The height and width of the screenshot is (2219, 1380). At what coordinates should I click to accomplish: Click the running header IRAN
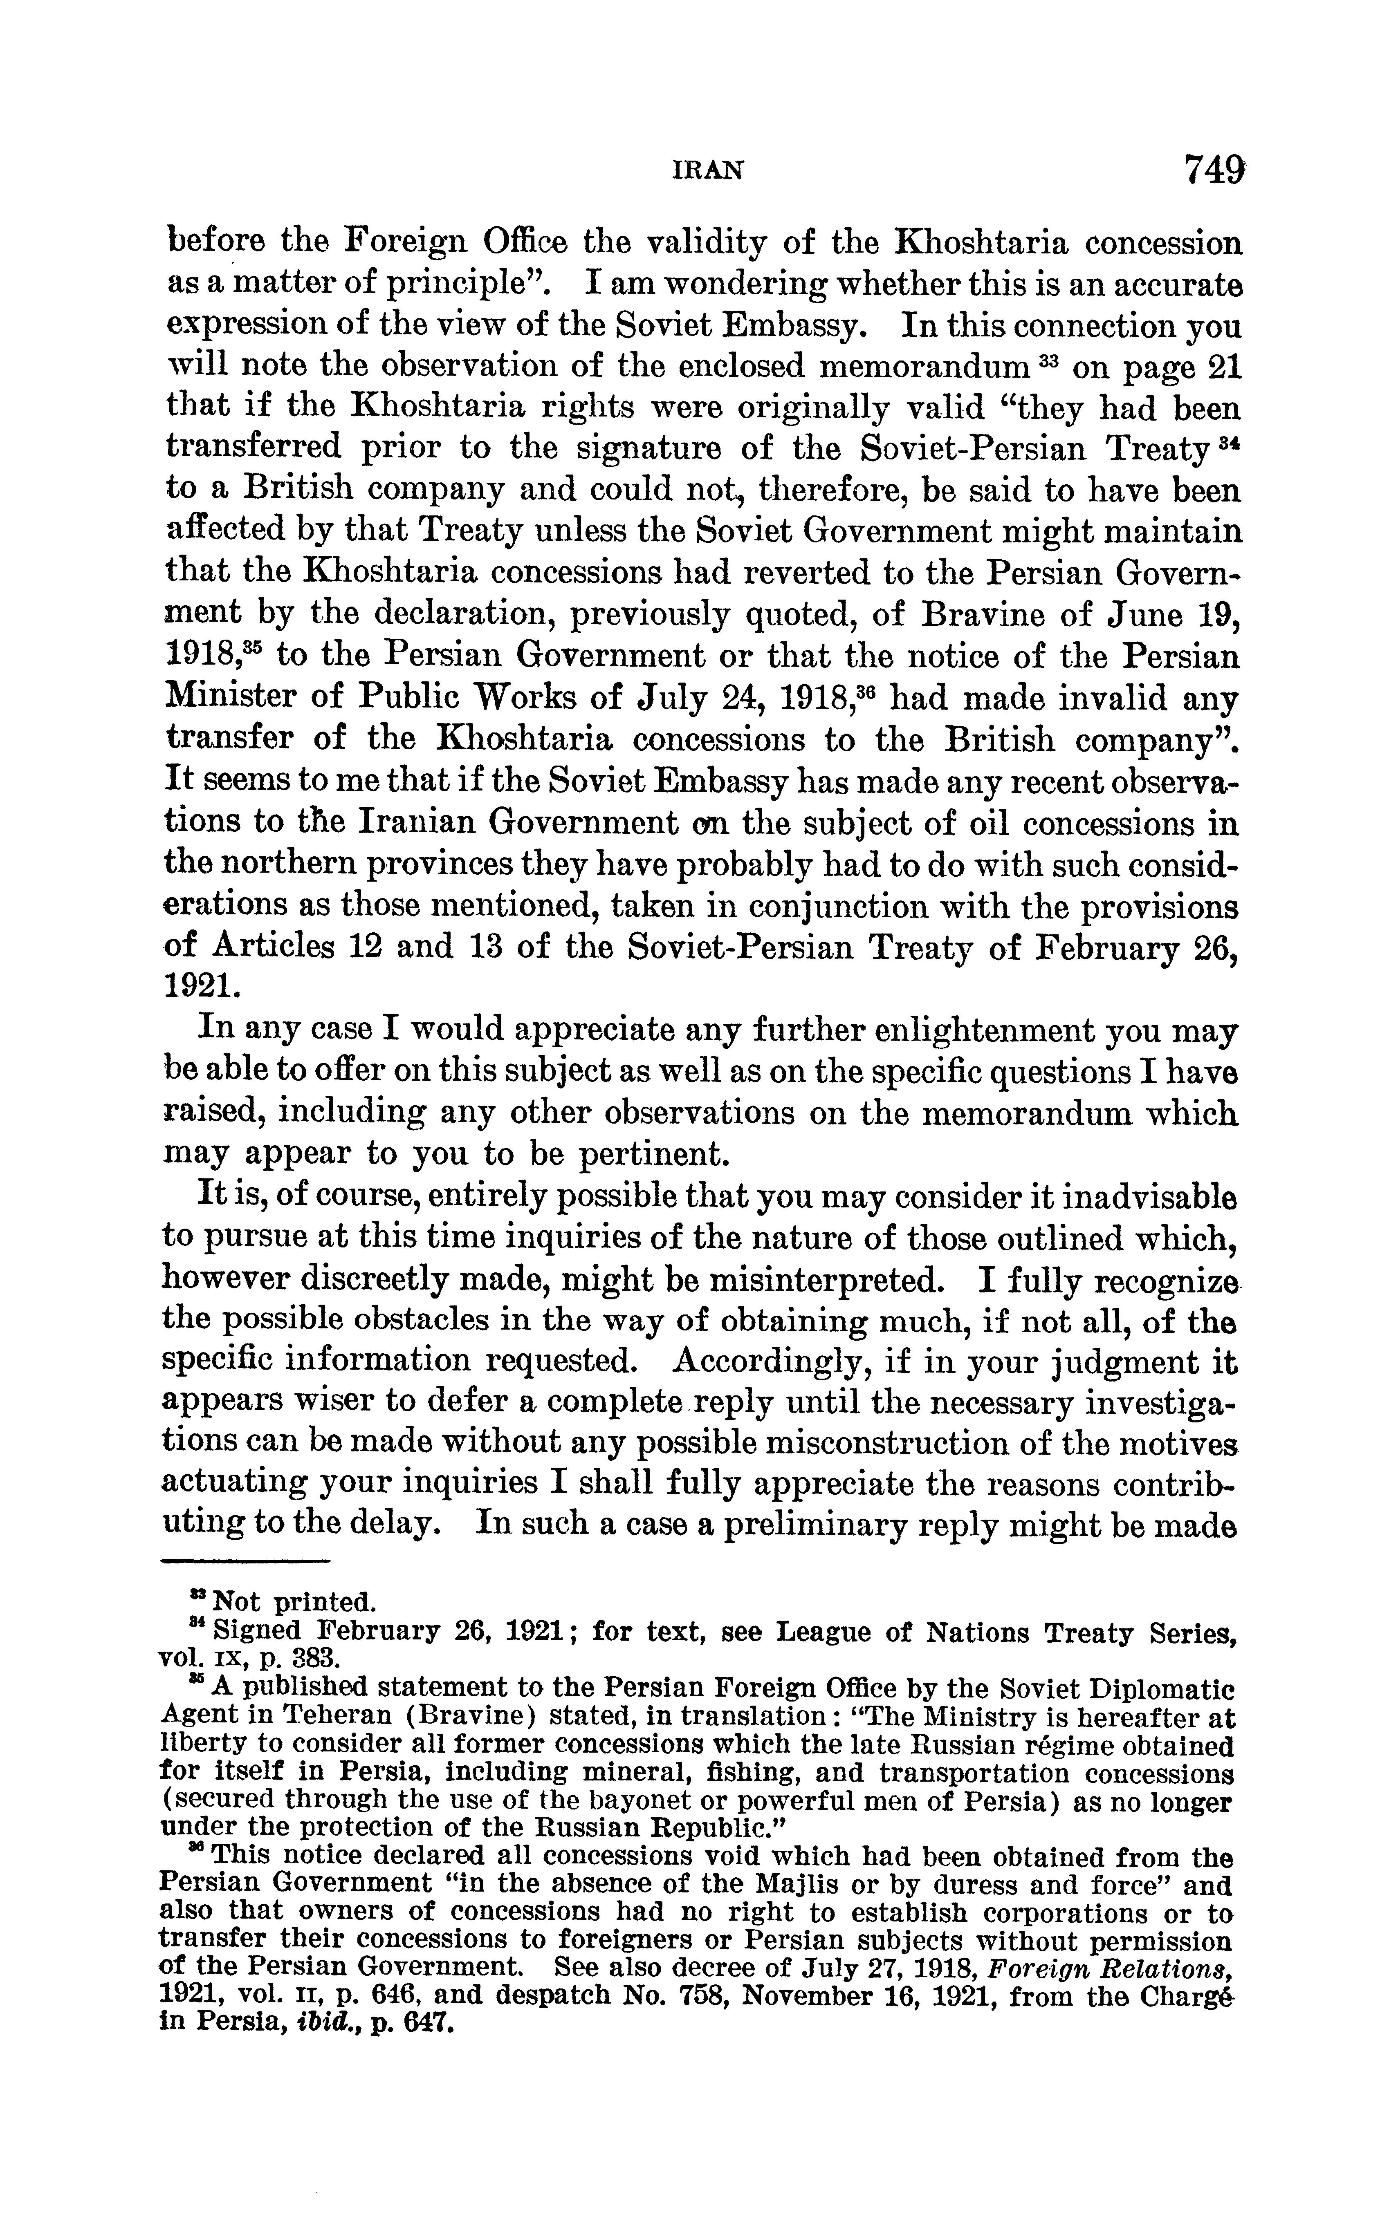point(707,170)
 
